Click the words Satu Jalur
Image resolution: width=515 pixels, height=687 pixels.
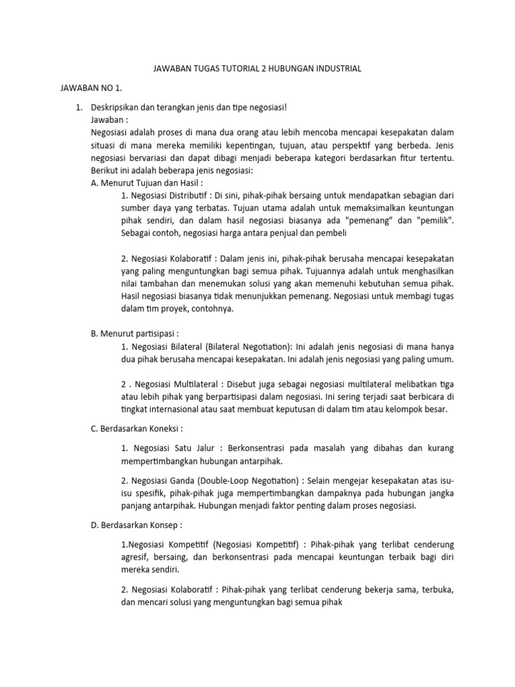192,447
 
